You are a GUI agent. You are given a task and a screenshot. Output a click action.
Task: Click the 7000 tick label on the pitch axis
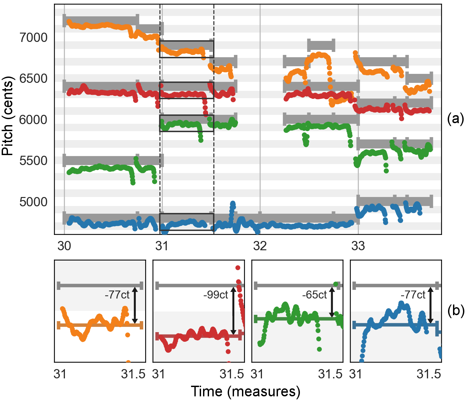[34, 38]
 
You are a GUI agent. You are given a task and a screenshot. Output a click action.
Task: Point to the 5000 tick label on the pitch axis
[34, 202]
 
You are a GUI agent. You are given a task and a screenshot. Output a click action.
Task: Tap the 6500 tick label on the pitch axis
[34, 79]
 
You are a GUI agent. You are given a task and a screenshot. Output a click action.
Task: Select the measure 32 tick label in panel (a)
[260, 246]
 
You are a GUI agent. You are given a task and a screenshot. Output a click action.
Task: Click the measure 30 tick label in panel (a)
[64, 246]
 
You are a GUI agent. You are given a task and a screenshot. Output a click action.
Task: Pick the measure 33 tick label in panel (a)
[358, 246]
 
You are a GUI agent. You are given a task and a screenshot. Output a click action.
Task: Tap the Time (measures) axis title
[245, 392]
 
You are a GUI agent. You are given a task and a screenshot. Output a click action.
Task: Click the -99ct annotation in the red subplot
[216, 295]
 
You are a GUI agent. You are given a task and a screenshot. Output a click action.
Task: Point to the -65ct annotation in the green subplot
[315, 295]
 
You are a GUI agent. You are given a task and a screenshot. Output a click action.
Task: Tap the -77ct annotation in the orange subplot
[117, 295]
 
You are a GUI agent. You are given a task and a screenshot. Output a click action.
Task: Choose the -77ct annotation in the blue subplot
[413, 295]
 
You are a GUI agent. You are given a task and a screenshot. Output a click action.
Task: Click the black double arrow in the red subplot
[233, 311]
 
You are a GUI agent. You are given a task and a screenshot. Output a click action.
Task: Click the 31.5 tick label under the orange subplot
[133, 374]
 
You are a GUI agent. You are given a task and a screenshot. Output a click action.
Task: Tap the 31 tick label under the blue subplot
[355, 374]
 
